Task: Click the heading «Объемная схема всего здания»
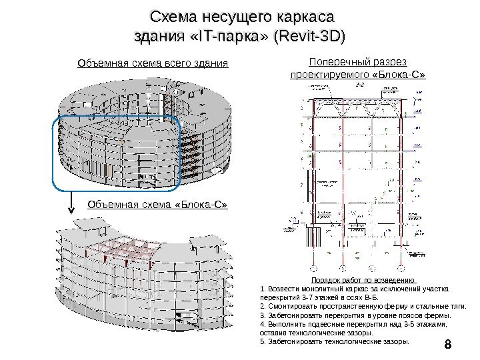[153, 64]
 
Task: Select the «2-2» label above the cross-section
[359, 86]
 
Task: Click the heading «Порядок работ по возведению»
[363, 280]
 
